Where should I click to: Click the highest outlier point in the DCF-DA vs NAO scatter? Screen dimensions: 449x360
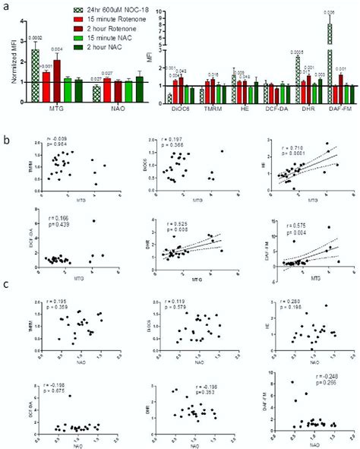(70, 395)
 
